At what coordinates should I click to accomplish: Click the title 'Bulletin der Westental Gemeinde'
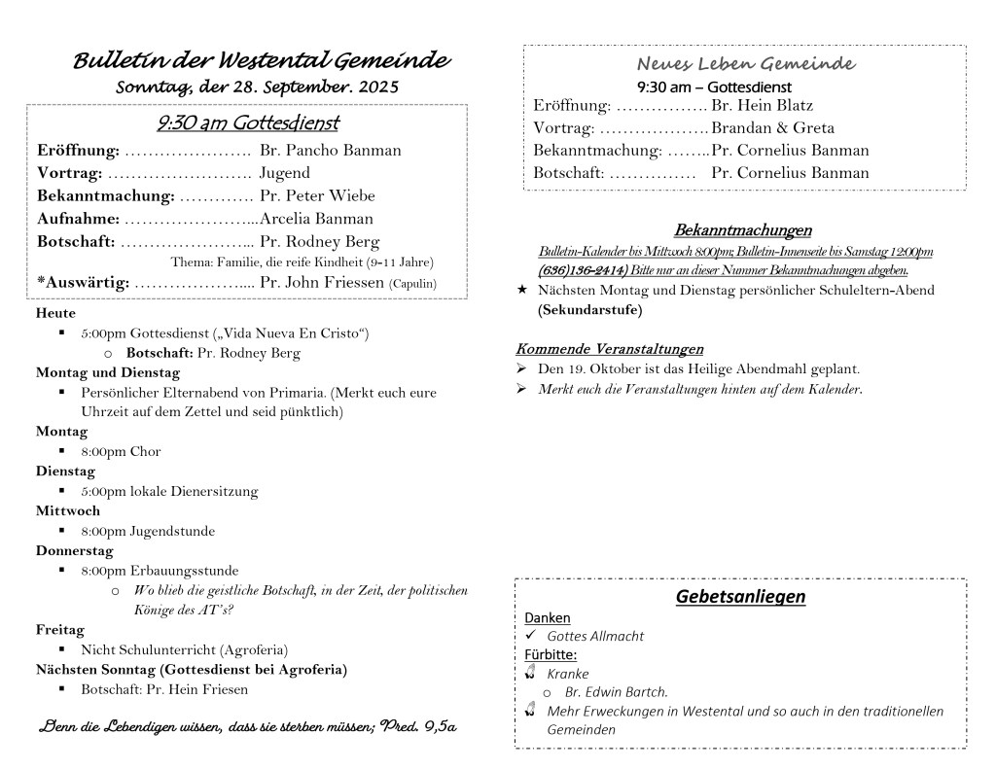click(x=261, y=60)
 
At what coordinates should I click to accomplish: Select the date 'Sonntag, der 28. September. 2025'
click(x=257, y=87)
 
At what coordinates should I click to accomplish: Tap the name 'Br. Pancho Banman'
click(x=330, y=151)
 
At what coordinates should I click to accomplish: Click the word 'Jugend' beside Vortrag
click(x=285, y=173)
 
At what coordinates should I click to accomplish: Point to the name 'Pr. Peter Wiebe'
click(x=317, y=196)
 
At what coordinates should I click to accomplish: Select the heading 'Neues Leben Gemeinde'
click(x=745, y=64)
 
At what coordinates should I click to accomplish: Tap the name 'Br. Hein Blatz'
click(x=762, y=105)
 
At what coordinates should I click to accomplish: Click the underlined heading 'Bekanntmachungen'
click(x=742, y=230)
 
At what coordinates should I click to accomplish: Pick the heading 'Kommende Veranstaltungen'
click(x=609, y=349)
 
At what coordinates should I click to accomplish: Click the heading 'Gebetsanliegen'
click(x=740, y=596)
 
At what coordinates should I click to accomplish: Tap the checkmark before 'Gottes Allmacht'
click(x=531, y=636)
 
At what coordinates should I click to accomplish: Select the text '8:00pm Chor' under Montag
click(x=121, y=451)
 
